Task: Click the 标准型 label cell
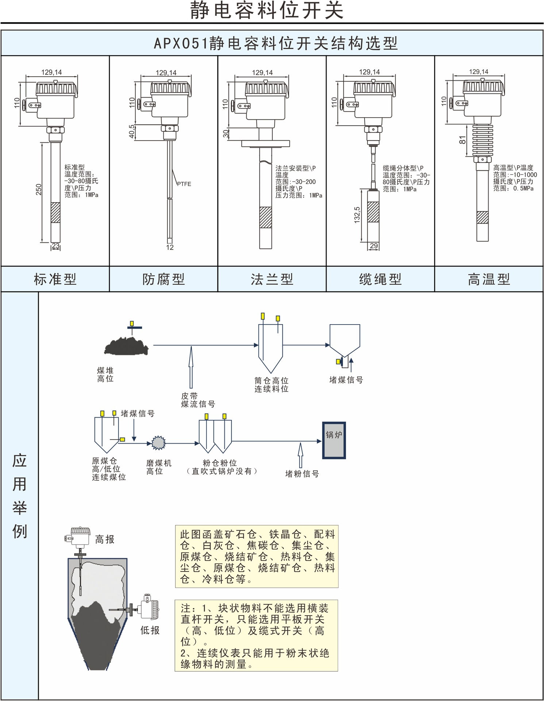[55, 279]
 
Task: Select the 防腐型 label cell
[163, 279]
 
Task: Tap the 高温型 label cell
[489, 279]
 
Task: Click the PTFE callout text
[184, 184]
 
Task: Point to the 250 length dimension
[39, 189]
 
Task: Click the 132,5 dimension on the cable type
[357, 215]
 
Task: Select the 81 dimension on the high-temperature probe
[463, 140]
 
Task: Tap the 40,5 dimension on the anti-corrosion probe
[132, 131]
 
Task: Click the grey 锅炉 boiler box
[334, 440]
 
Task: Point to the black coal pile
[126, 346]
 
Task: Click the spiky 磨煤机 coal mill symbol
[158, 443]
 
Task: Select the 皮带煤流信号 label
[198, 400]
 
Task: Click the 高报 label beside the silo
[105, 540]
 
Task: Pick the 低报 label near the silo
[150, 630]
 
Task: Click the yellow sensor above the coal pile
[132, 323]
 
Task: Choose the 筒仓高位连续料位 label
[271, 385]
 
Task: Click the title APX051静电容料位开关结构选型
[275, 43]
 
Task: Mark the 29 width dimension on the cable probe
[374, 246]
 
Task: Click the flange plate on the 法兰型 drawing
[265, 144]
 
